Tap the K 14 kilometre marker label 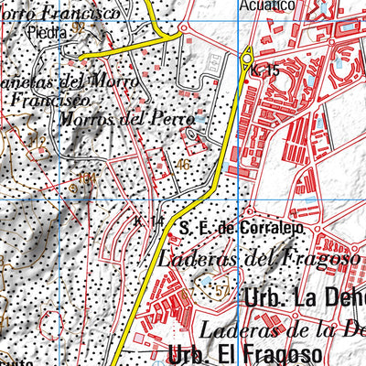tap(149, 222)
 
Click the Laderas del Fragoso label tap(258, 259)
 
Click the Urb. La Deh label tap(306, 298)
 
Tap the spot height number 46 tap(186, 165)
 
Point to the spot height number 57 tap(221, 291)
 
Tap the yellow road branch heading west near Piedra tap(114, 53)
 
